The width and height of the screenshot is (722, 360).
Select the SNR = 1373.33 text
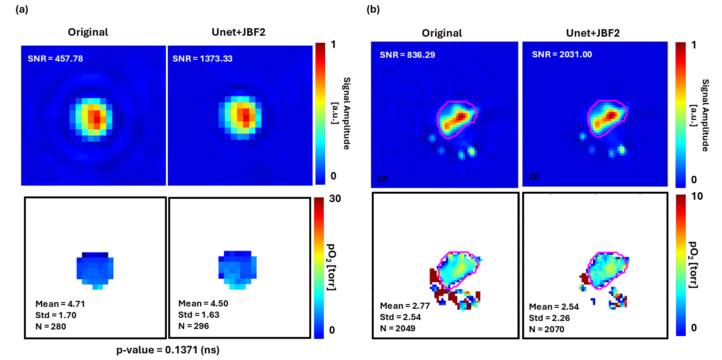point(203,59)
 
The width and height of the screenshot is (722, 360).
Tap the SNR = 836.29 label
point(407,55)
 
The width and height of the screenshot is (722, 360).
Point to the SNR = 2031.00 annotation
point(562,55)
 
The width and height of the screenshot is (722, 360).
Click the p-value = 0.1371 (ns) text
point(168,350)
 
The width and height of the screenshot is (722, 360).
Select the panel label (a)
point(22,10)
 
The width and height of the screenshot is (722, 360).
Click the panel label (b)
point(374,10)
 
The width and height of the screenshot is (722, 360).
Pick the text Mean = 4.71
point(60,303)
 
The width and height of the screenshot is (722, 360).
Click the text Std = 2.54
point(400,317)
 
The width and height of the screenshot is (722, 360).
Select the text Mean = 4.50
point(204,303)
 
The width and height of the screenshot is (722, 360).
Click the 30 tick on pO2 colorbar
point(335,199)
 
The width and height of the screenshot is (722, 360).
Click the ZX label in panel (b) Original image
point(383,178)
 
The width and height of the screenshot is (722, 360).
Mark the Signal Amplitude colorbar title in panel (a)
point(346,113)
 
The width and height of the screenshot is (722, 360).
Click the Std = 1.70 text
point(55,314)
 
